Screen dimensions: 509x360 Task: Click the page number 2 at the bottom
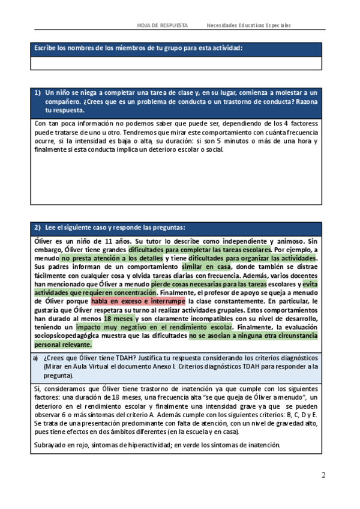point(323,476)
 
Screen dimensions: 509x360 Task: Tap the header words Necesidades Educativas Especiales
point(248,25)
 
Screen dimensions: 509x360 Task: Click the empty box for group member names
point(177,64)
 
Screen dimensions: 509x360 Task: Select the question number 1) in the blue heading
point(37,92)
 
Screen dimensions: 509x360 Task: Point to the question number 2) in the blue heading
point(37,227)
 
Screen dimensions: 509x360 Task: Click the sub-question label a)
point(37,358)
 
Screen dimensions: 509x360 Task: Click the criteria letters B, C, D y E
point(298,415)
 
